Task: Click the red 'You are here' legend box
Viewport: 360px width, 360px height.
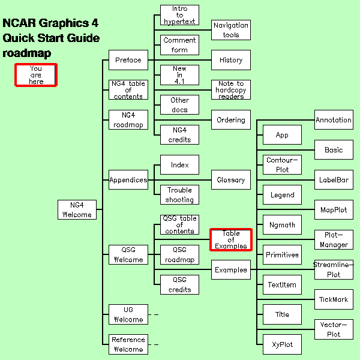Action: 36,75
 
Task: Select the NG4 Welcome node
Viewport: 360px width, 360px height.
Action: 77,209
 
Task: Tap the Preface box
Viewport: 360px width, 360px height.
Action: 128,60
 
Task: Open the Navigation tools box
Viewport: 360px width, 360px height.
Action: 231,30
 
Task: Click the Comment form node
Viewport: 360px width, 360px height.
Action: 179,45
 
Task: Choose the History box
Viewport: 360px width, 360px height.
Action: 231,60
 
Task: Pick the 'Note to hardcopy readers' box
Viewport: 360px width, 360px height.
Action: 231,90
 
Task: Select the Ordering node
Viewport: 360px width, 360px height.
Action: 231,120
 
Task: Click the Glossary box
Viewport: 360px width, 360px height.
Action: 231,180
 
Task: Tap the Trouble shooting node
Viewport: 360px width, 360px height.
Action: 179,194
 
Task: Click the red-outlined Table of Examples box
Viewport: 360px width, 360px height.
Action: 231,239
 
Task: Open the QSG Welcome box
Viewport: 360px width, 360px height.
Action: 128,255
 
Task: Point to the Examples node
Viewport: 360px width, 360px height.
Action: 231,270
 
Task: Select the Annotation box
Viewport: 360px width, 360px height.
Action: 334,120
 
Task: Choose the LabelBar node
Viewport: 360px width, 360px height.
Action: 334,179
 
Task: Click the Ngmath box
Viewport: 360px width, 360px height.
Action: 282,225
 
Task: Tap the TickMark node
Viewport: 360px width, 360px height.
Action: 334,299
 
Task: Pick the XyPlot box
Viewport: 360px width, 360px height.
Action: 282,344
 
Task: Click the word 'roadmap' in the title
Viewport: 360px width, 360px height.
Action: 27,53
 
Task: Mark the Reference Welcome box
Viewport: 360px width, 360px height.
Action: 128,344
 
